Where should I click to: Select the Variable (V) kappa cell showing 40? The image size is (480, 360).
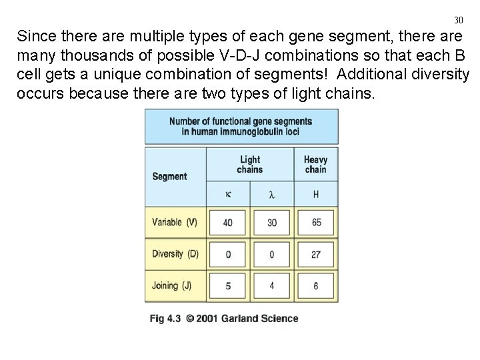pyautogui.click(x=228, y=222)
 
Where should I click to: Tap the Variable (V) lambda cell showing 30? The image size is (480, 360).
pyautogui.click(x=271, y=222)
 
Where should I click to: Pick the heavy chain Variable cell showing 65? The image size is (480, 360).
pyautogui.click(x=316, y=222)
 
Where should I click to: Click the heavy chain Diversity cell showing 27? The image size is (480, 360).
pyautogui.click(x=316, y=254)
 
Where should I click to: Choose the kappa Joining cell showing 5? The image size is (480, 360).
pyautogui.click(x=228, y=286)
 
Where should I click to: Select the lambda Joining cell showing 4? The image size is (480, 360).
pyautogui.click(x=271, y=286)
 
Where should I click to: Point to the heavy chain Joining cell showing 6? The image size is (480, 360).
pyautogui.click(x=316, y=286)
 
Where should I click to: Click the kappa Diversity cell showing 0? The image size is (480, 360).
pyautogui.click(x=228, y=254)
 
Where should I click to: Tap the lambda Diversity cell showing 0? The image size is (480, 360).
pyautogui.click(x=271, y=254)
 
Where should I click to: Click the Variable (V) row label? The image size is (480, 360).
pyautogui.click(x=175, y=222)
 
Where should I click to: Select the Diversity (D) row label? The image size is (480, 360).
pyautogui.click(x=175, y=254)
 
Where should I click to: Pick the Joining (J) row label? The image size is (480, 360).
pyautogui.click(x=172, y=286)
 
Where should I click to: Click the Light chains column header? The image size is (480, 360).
pyautogui.click(x=250, y=164)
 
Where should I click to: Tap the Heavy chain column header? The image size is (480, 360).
pyautogui.click(x=315, y=164)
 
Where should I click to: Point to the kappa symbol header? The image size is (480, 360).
pyautogui.click(x=228, y=195)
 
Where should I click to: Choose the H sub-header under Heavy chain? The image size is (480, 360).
pyautogui.click(x=315, y=195)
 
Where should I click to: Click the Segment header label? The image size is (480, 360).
pyautogui.click(x=169, y=177)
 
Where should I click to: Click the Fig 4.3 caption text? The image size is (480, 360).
pyautogui.click(x=223, y=319)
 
